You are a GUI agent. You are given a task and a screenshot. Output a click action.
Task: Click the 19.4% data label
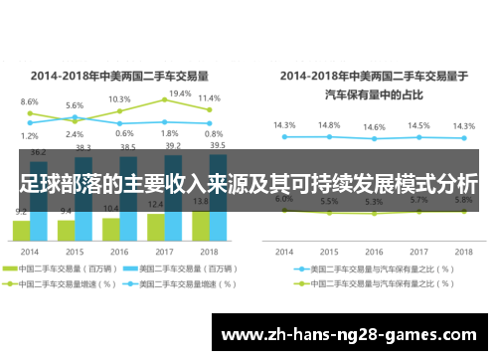180,93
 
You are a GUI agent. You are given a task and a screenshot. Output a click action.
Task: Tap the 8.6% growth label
30,102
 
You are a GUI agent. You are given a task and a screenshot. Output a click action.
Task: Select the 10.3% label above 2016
119,99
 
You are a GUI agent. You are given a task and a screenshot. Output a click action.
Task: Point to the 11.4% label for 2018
209,98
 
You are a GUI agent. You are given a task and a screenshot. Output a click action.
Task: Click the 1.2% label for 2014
30,135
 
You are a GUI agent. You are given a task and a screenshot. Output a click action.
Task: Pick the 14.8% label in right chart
329,125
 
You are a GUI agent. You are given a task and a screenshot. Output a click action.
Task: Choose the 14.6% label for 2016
374,127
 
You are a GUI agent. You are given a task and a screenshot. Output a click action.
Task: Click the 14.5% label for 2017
418,126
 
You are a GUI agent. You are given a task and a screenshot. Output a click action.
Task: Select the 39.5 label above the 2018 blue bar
218,144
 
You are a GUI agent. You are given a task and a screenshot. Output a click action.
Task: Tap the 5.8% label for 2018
462,200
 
